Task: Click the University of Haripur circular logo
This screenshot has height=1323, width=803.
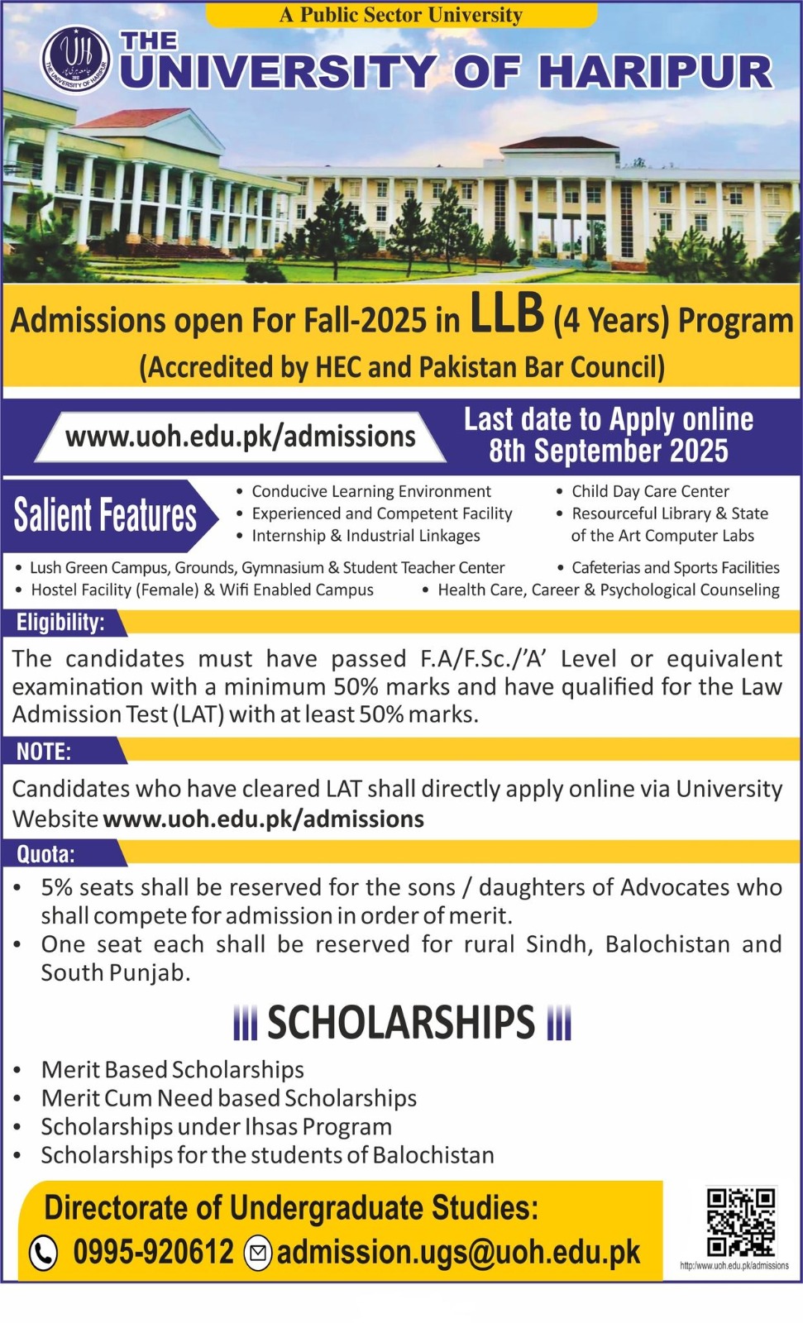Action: (75, 60)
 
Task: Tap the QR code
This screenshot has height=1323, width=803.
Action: (740, 1222)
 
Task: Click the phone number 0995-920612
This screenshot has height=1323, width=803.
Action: (154, 1252)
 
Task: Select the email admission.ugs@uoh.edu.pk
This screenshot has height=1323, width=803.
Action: (458, 1252)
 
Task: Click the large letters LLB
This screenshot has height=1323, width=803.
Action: (507, 314)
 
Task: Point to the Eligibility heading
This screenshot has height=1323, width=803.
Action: (60, 622)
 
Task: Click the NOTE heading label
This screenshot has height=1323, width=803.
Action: (44, 751)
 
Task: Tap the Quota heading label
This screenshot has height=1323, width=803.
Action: (45, 853)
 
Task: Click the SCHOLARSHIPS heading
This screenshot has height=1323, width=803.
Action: (401, 1023)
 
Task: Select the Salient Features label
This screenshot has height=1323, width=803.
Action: (105, 515)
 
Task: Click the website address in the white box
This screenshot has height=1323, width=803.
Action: (241, 436)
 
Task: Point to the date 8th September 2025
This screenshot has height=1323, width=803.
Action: (608, 451)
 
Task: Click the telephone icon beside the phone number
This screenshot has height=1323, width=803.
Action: (43, 1253)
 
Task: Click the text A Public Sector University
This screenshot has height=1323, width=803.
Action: (400, 15)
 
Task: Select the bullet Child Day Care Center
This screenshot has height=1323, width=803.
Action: (650, 491)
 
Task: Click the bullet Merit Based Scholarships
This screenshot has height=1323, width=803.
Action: (173, 1069)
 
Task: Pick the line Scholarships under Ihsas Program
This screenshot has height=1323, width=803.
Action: (217, 1126)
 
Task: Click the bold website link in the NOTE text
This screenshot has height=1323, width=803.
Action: (263, 819)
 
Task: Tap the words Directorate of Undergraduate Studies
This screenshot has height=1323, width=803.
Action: (291, 1207)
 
